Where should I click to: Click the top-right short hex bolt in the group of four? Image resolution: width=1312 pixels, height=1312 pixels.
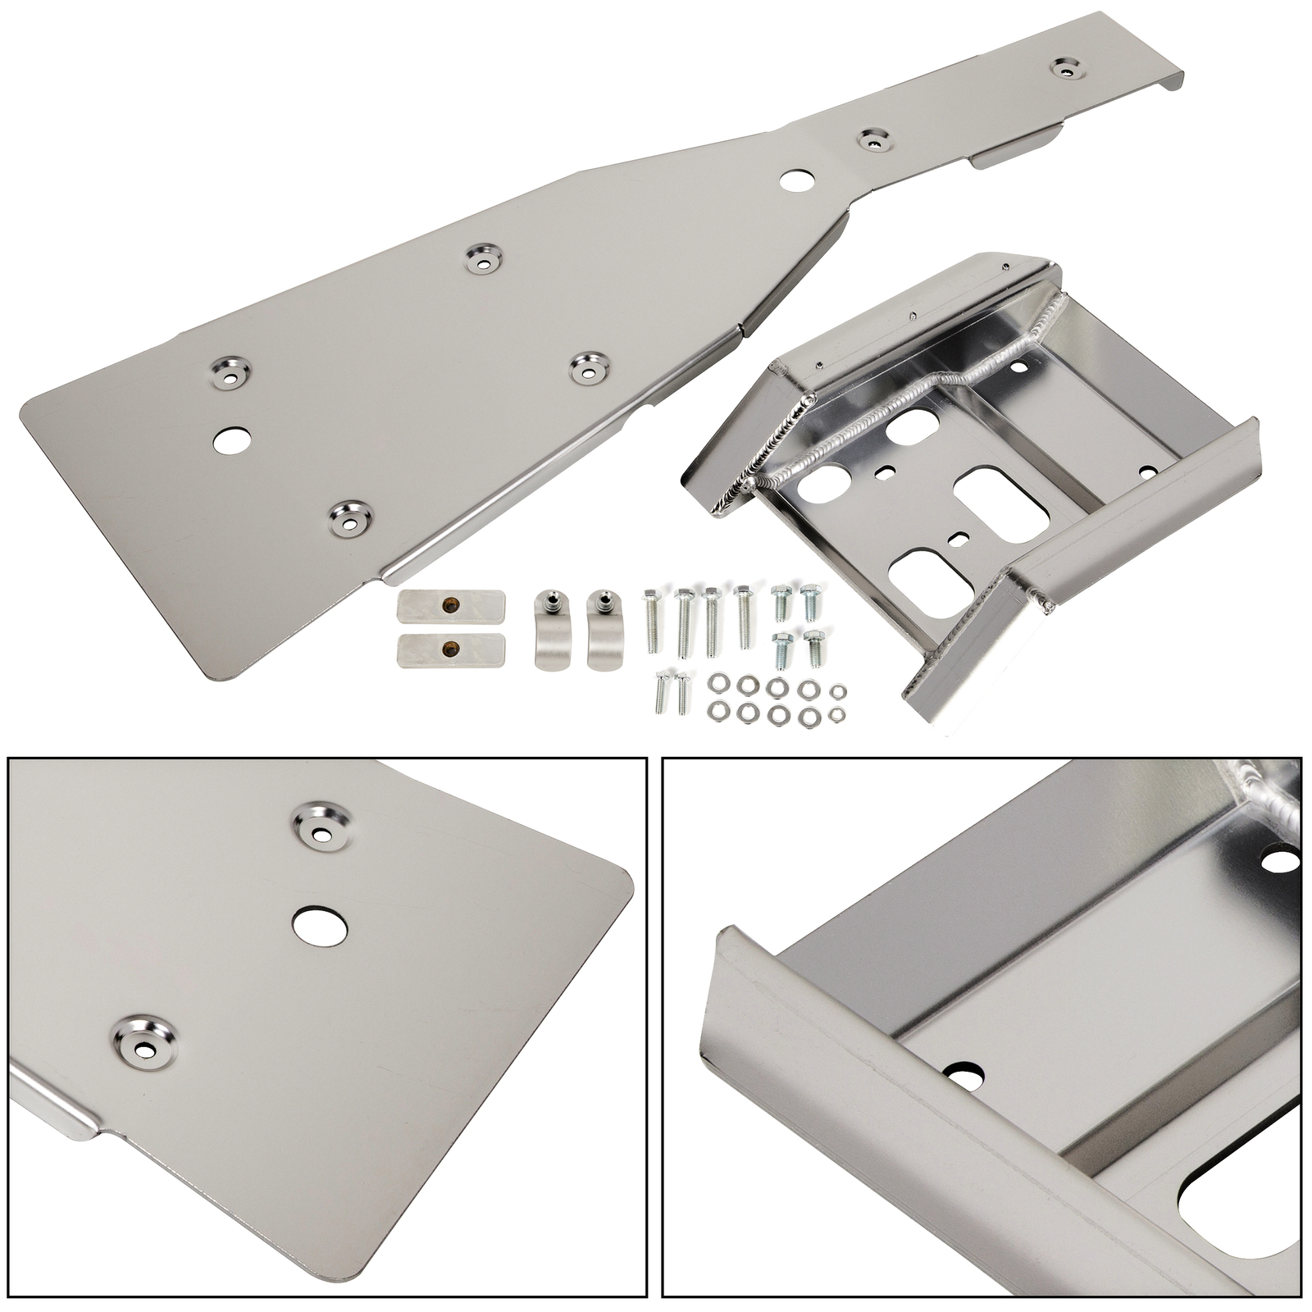811,602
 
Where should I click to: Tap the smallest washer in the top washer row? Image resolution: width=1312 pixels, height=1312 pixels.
836,691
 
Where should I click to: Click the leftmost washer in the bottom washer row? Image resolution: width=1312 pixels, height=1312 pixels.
719,708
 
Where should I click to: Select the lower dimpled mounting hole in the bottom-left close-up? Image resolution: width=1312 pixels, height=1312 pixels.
144,1037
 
